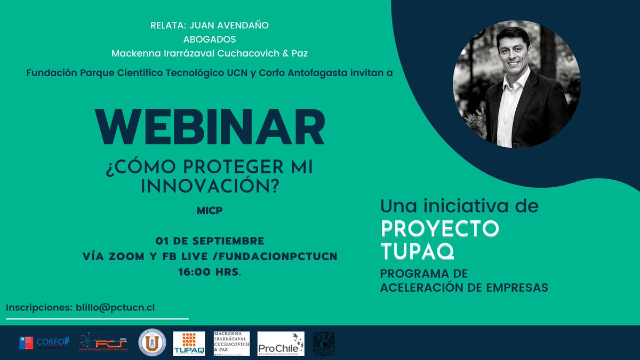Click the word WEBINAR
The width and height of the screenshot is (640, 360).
pos(210,128)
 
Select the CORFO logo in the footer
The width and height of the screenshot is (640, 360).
pos(45,342)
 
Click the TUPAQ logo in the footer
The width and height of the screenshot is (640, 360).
pos(189,343)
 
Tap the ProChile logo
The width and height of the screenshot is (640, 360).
pos(281,343)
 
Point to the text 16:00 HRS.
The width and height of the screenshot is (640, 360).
pos(210,271)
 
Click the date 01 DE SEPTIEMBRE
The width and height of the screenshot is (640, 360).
pos(210,241)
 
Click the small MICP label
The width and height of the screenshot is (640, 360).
pos(210,211)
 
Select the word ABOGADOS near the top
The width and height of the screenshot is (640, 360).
pos(210,39)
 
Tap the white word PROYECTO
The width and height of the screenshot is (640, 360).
pos(440,228)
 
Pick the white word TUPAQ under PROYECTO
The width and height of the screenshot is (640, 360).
pos(417,250)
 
